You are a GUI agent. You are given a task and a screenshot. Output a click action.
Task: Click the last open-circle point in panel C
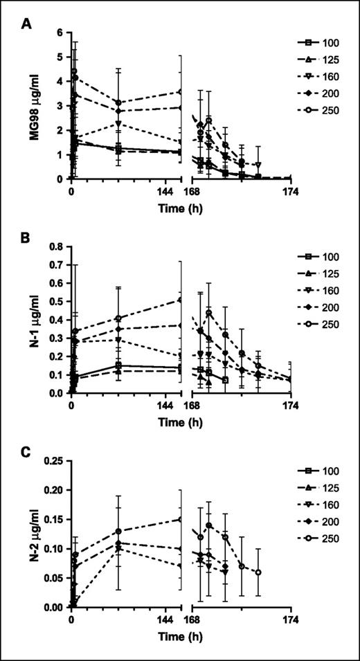(258, 572)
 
